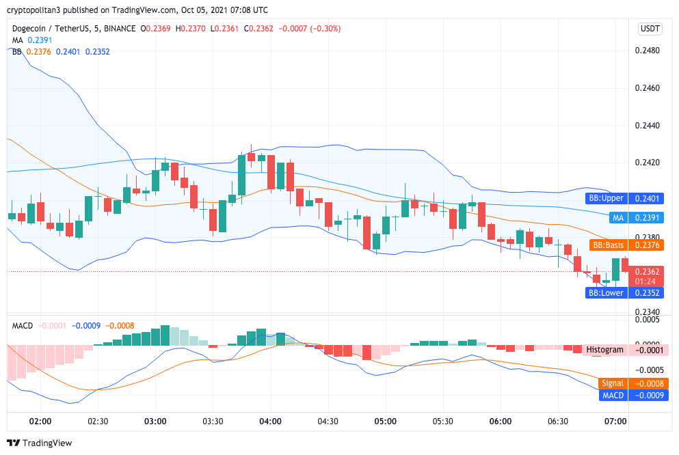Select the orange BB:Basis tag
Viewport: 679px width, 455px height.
pos(607,245)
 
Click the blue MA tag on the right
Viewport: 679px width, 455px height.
pos(618,217)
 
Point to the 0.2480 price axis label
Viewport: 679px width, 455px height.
pos(647,51)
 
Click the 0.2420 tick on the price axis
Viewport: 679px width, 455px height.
pos(647,163)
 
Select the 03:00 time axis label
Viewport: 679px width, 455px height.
pos(155,422)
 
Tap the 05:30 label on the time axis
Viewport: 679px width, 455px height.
pos(444,422)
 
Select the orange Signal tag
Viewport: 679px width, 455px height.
pos(612,383)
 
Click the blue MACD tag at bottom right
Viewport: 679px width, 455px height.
pos(613,396)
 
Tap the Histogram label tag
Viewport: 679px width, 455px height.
pos(604,350)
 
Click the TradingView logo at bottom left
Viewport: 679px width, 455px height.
pos(39,443)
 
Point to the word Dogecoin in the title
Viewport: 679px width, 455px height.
pos(31,29)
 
